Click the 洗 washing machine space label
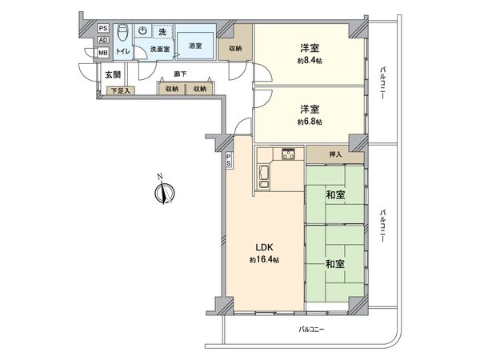point(162,31)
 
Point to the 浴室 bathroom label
point(195,46)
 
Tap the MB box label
point(102,53)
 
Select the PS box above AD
point(102,28)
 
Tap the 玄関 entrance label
point(112,74)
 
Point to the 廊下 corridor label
point(180,74)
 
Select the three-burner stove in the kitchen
point(288,154)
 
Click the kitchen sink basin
point(263,171)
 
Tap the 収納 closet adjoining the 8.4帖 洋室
point(234,49)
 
